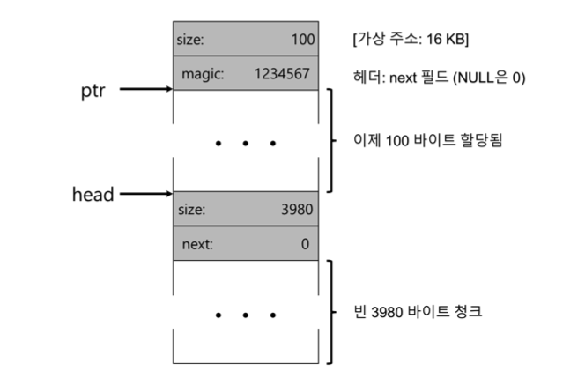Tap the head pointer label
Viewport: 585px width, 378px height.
tap(93, 195)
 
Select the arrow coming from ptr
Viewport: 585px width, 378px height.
tap(145, 89)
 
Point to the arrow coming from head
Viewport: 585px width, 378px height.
tap(145, 193)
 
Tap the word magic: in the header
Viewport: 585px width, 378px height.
tap(204, 74)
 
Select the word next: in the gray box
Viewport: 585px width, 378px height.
tap(198, 243)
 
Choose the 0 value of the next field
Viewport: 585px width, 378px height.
tap(304, 243)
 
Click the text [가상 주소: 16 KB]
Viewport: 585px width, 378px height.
tap(410, 40)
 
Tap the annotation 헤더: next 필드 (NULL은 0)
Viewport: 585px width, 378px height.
tap(439, 77)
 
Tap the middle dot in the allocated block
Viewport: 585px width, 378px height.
tap(246, 143)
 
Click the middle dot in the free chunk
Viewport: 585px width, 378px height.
tap(246, 314)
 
